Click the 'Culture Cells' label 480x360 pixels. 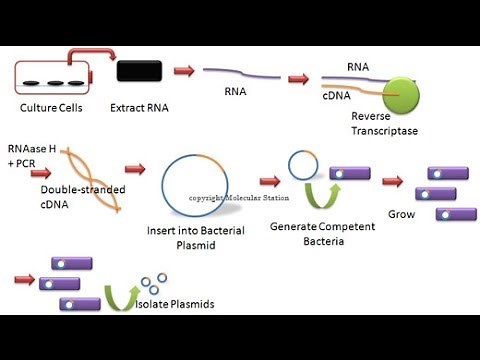point(50,108)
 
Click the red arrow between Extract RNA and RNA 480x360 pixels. point(182,72)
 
